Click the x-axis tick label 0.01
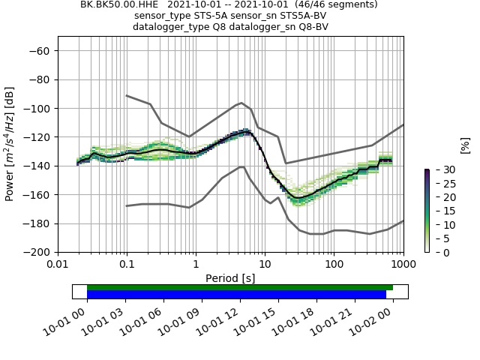coord(58,265)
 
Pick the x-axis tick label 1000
coord(403,265)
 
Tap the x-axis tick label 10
coord(265,265)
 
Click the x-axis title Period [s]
coord(230,278)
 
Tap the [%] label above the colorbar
coord(464,145)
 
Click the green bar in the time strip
coord(240,287)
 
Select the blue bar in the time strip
coord(236,295)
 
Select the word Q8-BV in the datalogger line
coord(310,27)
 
